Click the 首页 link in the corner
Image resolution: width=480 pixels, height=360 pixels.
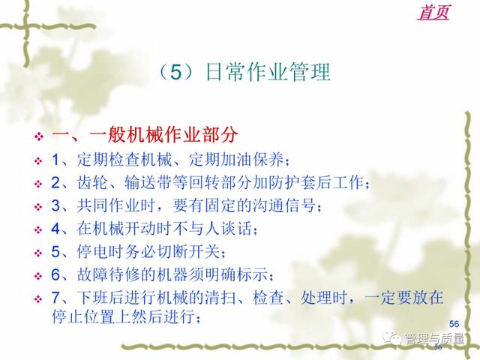tap(433, 12)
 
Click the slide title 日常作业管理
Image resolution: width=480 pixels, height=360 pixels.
tap(268, 72)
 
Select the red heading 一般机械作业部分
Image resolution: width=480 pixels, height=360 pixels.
tap(163, 134)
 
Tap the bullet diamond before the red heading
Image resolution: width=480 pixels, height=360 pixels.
tap(39, 136)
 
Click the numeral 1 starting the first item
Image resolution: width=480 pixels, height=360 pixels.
tap(55, 160)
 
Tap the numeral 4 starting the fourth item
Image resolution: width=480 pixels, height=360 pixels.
tap(55, 229)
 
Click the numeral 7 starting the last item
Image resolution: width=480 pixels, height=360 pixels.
tap(55, 297)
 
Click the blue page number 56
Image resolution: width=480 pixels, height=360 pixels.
tap(454, 323)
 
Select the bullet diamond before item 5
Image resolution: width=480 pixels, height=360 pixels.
tap(38, 253)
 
